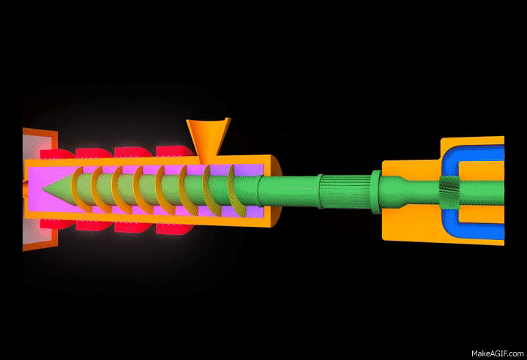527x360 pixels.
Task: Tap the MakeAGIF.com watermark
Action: tap(497, 353)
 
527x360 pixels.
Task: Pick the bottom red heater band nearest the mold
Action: tap(57, 224)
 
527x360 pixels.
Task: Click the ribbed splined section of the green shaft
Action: tap(345, 191)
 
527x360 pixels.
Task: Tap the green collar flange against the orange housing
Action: tap(375, 192)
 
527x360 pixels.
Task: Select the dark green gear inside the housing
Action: tap(449, 193)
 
